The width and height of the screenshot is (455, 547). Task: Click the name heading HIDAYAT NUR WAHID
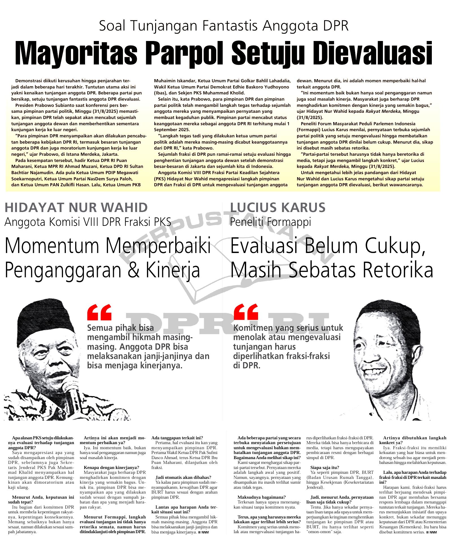(76, 208)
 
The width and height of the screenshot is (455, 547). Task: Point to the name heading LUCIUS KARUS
(278, 208)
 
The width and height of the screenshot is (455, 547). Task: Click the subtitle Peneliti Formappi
(270, 222)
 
